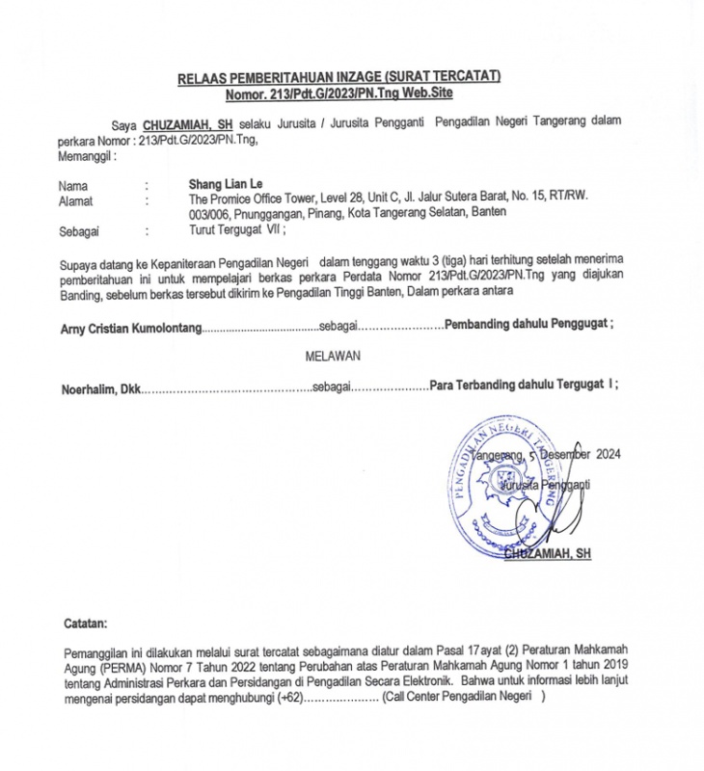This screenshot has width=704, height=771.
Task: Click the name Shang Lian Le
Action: [x=226, y=183]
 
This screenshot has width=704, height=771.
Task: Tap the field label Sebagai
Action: [x=78, y=231]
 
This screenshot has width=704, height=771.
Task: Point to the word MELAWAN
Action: [x=333, y=356]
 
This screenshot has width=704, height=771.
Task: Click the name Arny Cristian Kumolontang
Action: [x=131, y=328]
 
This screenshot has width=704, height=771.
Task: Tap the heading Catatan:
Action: [x=86, y=625]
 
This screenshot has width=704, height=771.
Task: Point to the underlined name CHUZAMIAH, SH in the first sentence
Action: [x=188, y=125]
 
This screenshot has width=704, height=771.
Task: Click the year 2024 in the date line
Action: [x=609, y=453]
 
